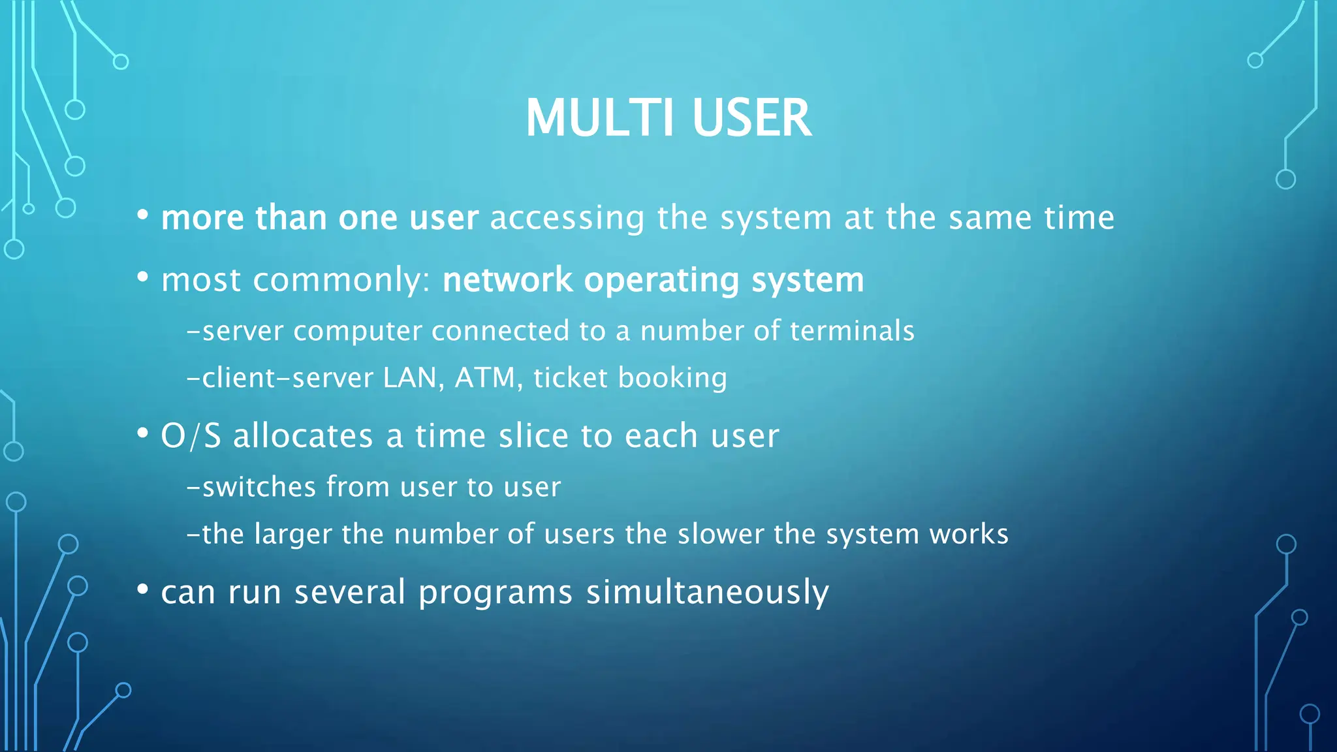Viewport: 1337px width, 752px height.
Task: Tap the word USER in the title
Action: tap(751, 118)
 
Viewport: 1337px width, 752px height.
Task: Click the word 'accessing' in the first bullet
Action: tap(567, 218)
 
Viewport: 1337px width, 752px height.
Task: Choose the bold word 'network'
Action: tap(507, 280)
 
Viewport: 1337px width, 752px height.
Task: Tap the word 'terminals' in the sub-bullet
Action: tap(852, 330)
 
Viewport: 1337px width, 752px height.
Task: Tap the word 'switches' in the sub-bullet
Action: tap(259, 487)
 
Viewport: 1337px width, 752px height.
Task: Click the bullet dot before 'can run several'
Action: tap(143, 589)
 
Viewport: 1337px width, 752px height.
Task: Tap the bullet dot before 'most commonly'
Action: tap(143, 277)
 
